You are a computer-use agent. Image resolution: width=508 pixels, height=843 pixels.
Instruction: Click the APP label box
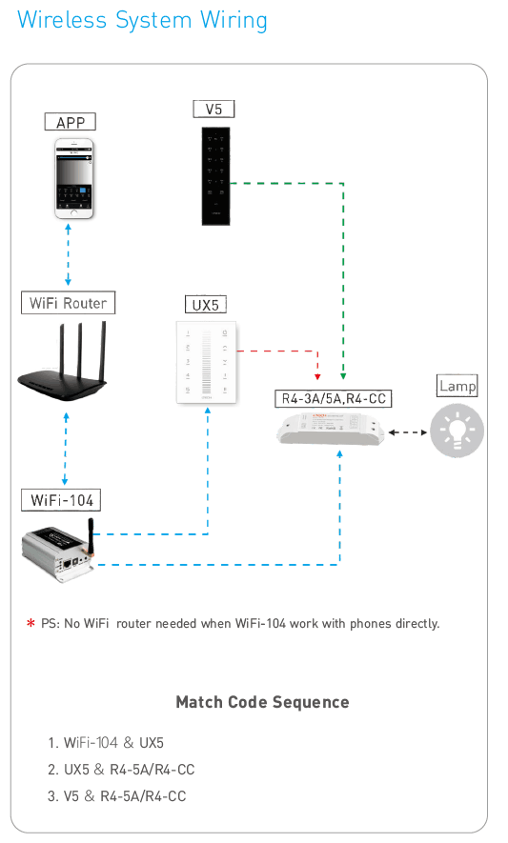[70, 122]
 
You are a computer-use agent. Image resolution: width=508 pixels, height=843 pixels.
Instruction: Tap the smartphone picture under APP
[74, 178]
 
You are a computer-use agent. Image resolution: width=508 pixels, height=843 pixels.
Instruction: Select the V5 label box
[213, 110]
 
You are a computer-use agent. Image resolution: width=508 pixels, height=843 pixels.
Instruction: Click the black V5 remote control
[215, 176]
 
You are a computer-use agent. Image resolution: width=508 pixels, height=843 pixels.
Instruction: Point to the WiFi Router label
[69, 303]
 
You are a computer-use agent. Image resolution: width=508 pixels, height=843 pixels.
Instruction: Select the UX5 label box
[206, 305]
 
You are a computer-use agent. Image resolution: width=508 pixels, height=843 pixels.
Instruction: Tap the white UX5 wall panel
[207, 362]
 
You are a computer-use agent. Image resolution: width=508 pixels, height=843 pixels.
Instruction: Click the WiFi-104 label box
[61, 500]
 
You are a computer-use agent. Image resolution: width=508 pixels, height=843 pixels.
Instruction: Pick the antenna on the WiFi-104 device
[91, 536]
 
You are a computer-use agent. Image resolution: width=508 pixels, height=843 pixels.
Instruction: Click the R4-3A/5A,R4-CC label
[334, 398]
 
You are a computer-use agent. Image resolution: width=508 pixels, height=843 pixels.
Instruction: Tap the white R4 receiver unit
[332, 428]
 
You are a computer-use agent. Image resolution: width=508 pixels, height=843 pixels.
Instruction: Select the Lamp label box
[457, 386]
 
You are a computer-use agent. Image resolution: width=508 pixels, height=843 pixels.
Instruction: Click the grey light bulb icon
[457, 432]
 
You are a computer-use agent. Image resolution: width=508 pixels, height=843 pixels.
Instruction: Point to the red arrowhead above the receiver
[317, 377]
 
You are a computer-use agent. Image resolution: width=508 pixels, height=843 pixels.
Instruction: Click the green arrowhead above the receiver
[343, 377]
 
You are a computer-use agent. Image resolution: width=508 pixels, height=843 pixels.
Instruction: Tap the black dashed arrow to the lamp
[408, 432]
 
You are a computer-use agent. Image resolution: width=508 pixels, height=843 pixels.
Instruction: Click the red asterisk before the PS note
[30, 624]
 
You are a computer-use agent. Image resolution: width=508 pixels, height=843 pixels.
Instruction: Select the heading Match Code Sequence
[263, 702]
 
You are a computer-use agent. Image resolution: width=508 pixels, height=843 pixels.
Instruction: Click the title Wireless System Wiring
[142, 20]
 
